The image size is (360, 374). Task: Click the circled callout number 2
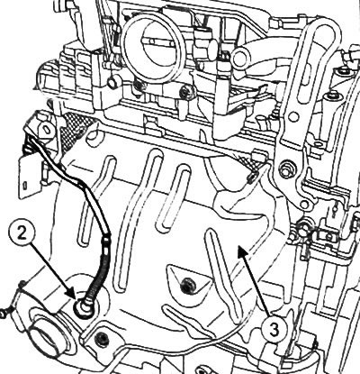click(22, 234)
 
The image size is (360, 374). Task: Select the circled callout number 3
click(274, 330)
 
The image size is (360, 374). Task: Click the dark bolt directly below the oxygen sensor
click(101, 338)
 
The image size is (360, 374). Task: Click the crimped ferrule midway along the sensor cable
click(106, 242)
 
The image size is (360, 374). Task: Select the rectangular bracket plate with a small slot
click(29, 178)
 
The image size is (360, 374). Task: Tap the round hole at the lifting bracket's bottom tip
click(304, 205)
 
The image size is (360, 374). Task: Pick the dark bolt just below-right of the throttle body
click(185, 93)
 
